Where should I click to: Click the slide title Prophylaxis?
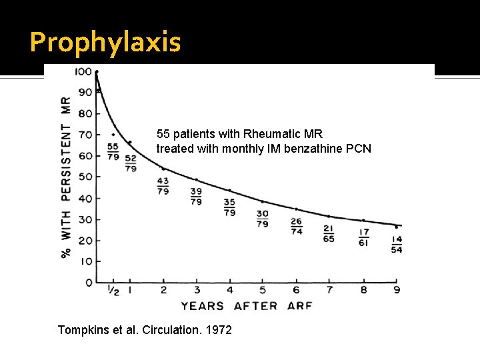105,43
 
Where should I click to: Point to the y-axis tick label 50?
84,177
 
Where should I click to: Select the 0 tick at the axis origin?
89,283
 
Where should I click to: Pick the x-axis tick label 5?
263,291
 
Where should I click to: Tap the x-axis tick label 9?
397,291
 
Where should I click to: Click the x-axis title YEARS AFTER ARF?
247,306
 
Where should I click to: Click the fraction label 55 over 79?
113,151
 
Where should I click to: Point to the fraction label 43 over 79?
163,186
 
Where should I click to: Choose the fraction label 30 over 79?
263,218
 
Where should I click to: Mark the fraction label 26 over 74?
296,226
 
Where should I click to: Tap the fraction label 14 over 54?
397,244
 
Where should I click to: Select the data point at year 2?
163,169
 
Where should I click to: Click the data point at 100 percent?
97,71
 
